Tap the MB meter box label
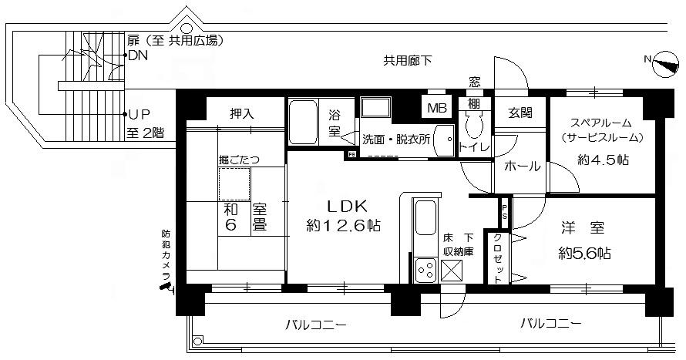coord(436,108)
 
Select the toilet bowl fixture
coord(475,125)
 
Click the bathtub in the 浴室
coord(303,123)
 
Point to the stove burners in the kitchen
coord(425,271)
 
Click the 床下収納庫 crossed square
coord(451,271)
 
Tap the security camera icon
coord(167,288)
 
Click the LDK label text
coord(348,206)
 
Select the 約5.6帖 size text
coord(584,254)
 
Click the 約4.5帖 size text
coord(603,160)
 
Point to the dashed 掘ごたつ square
coord(234,183)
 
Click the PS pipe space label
coord(505,211)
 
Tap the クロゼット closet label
coord(497,258)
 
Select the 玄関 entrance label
coord(520,113)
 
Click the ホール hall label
coord(523,167)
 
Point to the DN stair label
coord(138,56)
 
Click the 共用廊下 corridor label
coord(408,61)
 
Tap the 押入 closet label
coord(242,114)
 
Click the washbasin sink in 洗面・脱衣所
coord(445,140)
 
